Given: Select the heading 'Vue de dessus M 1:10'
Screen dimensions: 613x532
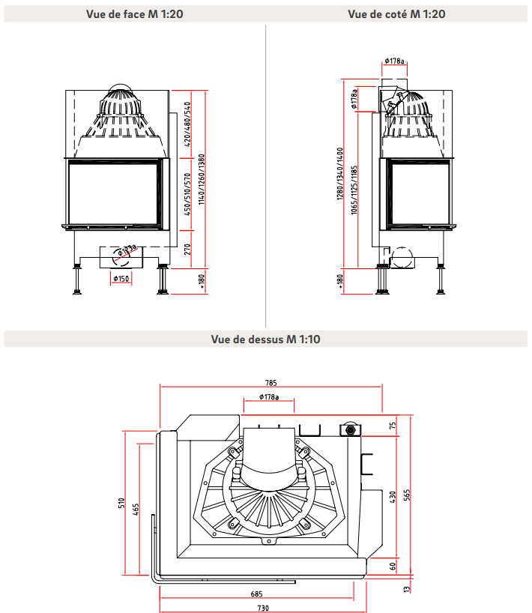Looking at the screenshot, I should coord(266,339).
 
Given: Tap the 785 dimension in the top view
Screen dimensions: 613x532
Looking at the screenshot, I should coord(271,381).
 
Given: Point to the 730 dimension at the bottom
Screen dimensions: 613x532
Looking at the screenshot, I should coord(262,608).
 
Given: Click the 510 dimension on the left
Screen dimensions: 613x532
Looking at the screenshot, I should coord(121,504).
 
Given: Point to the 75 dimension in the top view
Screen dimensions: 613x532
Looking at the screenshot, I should coord(392,426).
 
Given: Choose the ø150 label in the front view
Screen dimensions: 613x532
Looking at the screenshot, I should coord(121,279).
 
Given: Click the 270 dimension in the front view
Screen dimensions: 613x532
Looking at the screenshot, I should coord(188,248).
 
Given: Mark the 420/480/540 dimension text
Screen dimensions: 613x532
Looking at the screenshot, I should coord(187,125).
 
